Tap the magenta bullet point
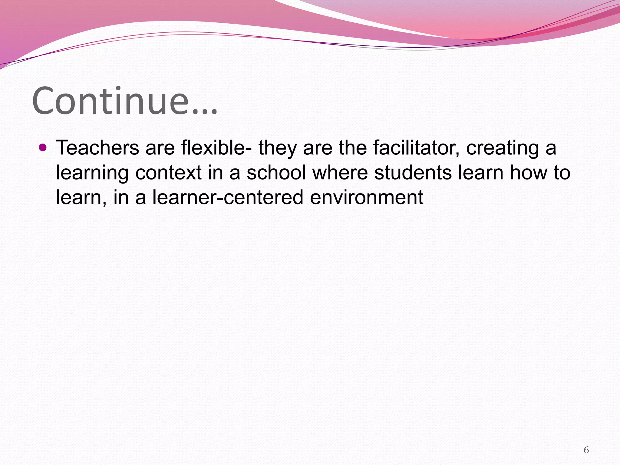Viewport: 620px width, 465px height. pyautogui.click(x=43, y=148)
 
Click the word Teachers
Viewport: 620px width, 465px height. pyautogui.click(x=97, y=148)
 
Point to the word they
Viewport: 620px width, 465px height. pyautogui.click(x=277, y=148)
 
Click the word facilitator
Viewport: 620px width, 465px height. pyautogui.click(x=416, y=148)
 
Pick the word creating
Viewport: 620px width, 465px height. pyautogui.click(x=503, y=148)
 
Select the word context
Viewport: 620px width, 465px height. pyautogui.click(x=168, y=173)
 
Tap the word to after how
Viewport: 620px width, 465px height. pyautogui.click(x=562, y=173)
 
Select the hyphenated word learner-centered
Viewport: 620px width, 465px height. pyautogui.click(x=228, y=197)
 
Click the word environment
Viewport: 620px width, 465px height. pyautogui.click(x=367, y=197)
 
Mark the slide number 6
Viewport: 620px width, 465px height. pyautogui.click(x=586, y=450)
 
